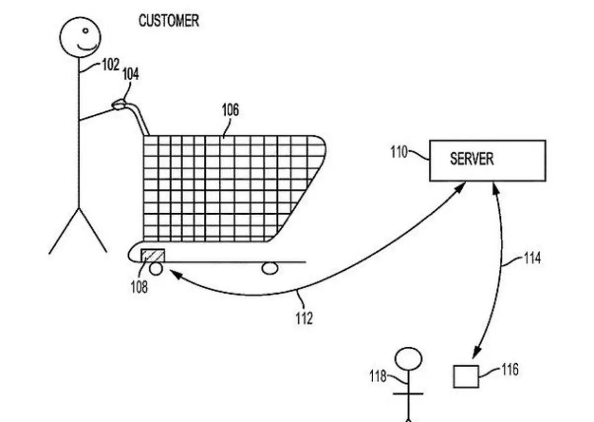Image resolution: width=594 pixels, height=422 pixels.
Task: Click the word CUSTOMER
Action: pos(169,21)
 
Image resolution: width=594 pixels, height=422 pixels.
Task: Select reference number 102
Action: pos(110,64)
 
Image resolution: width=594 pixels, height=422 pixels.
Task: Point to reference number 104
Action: pos(131,75)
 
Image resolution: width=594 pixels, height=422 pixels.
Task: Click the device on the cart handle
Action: pos(119,104)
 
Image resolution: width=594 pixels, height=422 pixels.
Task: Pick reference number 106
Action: pos(230,109)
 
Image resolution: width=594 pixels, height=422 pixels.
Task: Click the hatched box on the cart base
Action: pos(153,255)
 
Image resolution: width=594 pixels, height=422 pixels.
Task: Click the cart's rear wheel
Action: pos(270,268)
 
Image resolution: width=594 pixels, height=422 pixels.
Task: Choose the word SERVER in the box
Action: pos(471,159)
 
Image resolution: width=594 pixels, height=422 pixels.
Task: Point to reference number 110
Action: pos(399,152)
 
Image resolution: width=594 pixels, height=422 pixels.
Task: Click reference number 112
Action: pos(304,318)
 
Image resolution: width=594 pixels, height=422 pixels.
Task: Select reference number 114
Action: pos(532,258)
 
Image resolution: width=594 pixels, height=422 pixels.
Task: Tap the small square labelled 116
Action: pos(466,376)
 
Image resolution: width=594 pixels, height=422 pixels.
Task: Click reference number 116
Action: pos(510,370)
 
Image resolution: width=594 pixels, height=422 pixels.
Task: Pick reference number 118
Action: pos(378,376)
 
